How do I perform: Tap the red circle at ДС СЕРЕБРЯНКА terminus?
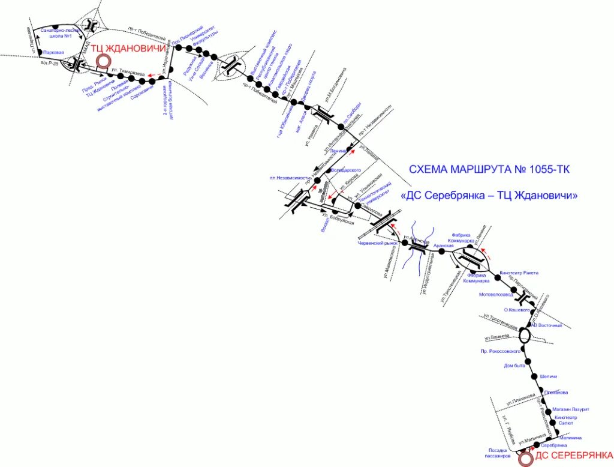(526, 459)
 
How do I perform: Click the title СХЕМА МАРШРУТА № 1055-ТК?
(489, 170)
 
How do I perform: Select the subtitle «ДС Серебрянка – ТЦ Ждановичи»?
(490, 196)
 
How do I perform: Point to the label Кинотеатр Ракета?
(519, 273)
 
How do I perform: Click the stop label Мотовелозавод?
(496, 295)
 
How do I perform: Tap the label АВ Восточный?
(547, 325)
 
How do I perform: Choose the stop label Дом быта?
(514, 366)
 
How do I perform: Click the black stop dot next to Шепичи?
(534, 376)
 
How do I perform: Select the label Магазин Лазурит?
(570, 409)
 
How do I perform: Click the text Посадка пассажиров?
(499, 453)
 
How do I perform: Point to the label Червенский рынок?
(377, 243)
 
